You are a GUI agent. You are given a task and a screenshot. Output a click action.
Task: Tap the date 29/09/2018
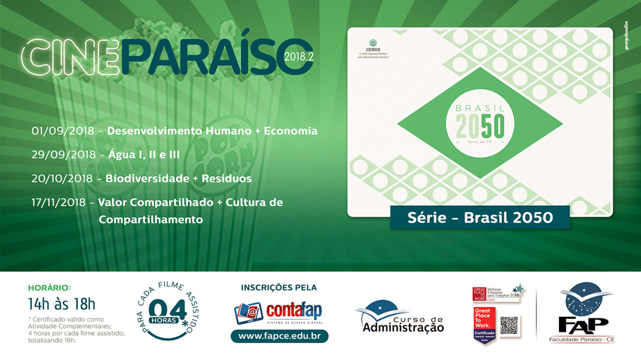click(x=64, y=155)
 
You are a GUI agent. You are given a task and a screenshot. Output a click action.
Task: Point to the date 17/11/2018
click(x=60, y=202)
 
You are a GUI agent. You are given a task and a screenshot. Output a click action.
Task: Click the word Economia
click(x=291, y=131)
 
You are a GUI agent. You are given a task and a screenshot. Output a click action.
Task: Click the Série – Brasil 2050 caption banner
click(x=471, y=217)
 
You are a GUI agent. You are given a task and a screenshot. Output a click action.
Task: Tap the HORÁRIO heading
click(x=50, y=287)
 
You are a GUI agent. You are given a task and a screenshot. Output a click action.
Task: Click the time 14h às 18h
click(x=61, y=303)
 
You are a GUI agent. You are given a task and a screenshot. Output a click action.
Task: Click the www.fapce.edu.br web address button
click(x=279, y=337)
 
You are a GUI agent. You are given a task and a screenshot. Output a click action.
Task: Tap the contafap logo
click(x=278, y=312)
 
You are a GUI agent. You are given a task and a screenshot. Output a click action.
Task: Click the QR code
click(x=509, y=325)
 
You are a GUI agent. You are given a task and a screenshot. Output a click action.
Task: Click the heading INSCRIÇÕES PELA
click(x=279, y=287)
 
